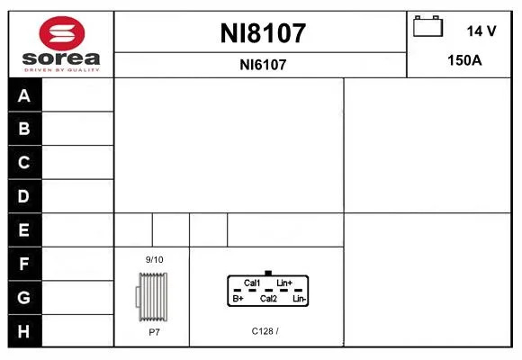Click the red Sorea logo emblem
tap(62, 33)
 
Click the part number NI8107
tap(263, 33)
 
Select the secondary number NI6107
tap(263, 65)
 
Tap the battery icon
tap(427, 26)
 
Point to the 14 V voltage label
tap(481, 31)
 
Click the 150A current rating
tap(464, 60)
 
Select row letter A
tap(24, 95)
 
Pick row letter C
tap(24, 163)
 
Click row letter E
tap(24, 229)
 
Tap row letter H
tap(23, 331)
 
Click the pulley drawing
tap(152, 297)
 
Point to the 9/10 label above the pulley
tap(155, 260)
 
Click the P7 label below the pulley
tap(154, 332)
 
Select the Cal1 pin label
tap(252, 283)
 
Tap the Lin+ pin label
tap(284, 283)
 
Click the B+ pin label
tap(238, 299)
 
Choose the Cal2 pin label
tap(268, 299)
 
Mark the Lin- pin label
tap(300, 299)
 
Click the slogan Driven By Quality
tap(62, 70)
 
